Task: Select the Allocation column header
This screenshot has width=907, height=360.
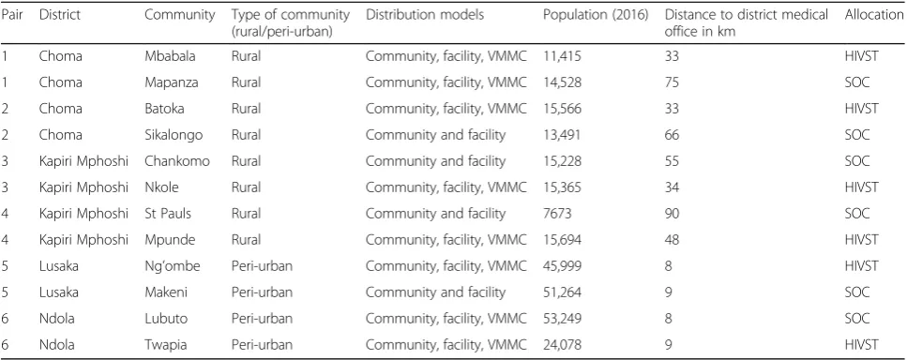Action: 874,15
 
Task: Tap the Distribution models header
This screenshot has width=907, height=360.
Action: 425,15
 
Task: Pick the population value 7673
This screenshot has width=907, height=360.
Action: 558,214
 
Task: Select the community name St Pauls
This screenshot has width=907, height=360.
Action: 168,214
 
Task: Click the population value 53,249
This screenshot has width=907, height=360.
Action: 562,319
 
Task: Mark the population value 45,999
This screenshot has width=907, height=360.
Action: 562,266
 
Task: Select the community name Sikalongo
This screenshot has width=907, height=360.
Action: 174,135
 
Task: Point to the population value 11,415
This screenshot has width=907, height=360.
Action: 562,56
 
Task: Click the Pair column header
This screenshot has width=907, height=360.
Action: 11,15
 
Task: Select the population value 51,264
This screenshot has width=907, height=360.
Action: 562,292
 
